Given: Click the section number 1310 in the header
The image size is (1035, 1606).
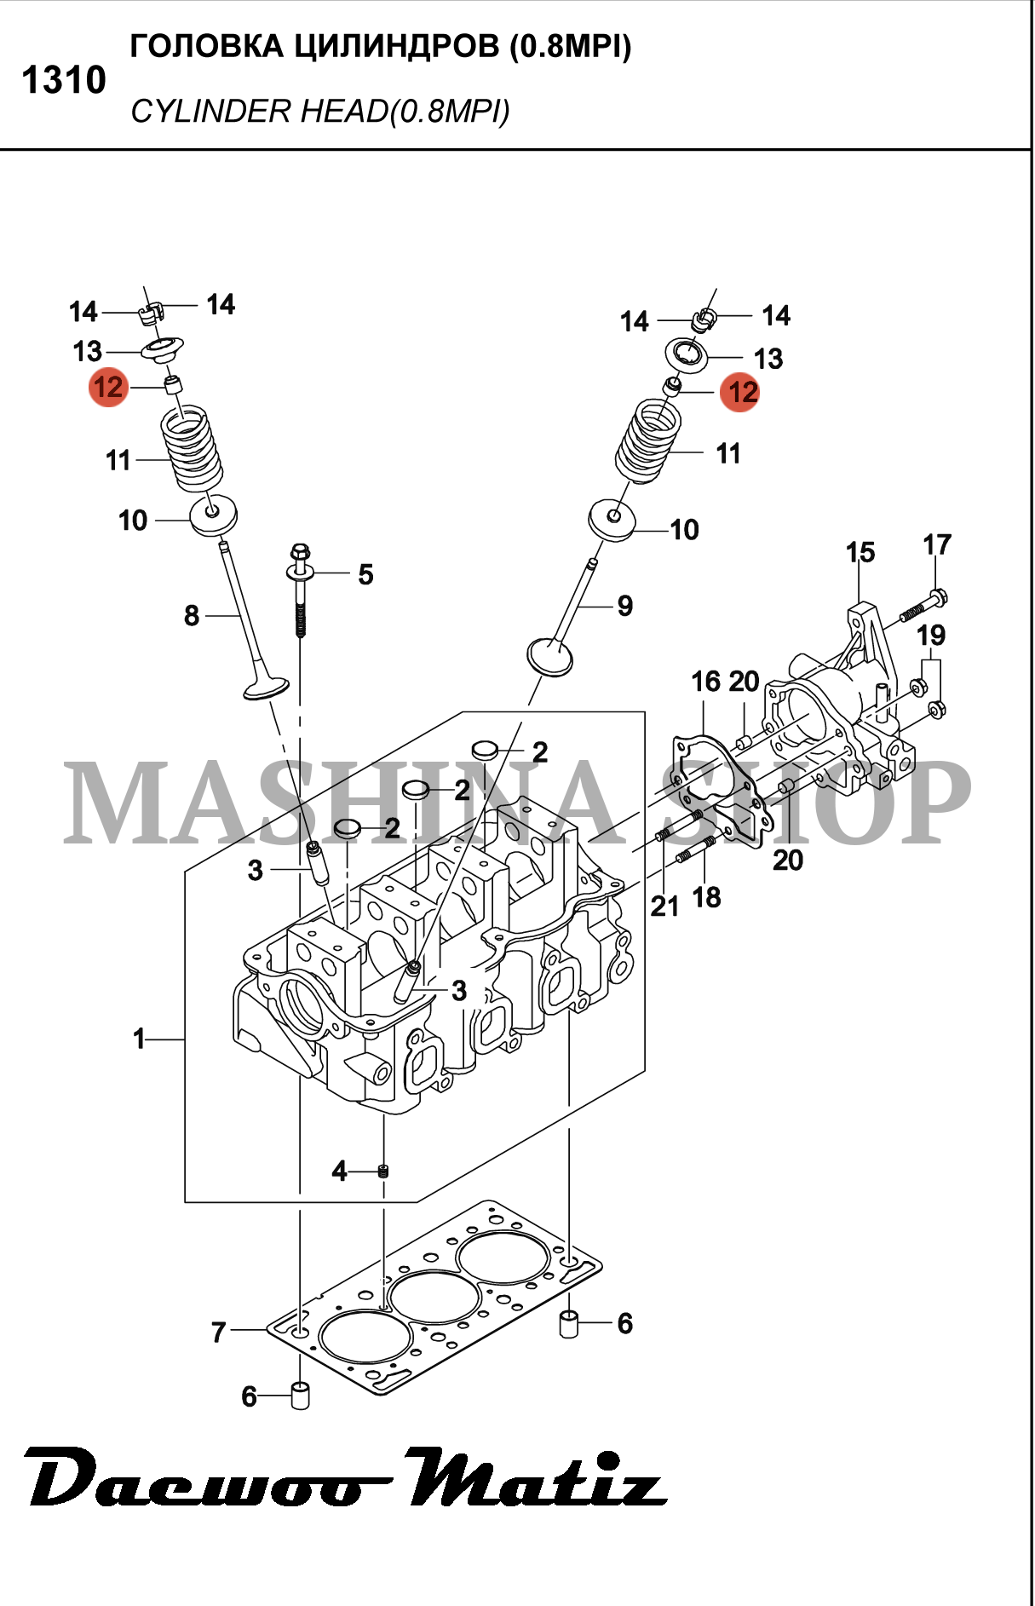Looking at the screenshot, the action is point(64,80).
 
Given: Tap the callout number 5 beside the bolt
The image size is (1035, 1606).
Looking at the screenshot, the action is point(365,574).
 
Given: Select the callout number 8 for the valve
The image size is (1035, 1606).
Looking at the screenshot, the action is point(192,615).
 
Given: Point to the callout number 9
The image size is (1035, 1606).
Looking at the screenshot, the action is point(625,606).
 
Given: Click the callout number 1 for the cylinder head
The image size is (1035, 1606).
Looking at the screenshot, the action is point(139,1039).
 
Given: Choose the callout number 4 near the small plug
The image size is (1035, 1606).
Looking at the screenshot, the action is point(339,1171).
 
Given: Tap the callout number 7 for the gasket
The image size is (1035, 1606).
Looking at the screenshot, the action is point(219,1332).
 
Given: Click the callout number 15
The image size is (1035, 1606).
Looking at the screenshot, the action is point(860,552).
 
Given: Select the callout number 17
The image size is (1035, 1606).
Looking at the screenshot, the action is point(937,544).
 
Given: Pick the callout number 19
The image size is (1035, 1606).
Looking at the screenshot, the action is point(931,635).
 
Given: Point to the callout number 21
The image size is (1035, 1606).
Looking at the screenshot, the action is point(664,907).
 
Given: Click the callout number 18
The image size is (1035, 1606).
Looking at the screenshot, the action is point(706,897).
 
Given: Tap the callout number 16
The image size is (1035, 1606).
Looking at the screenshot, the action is point(706,682).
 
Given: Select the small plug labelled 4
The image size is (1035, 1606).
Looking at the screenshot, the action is point(383,1171).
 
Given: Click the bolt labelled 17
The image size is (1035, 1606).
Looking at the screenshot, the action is point(924,605).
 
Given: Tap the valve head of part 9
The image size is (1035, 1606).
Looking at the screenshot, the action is point(550,655).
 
